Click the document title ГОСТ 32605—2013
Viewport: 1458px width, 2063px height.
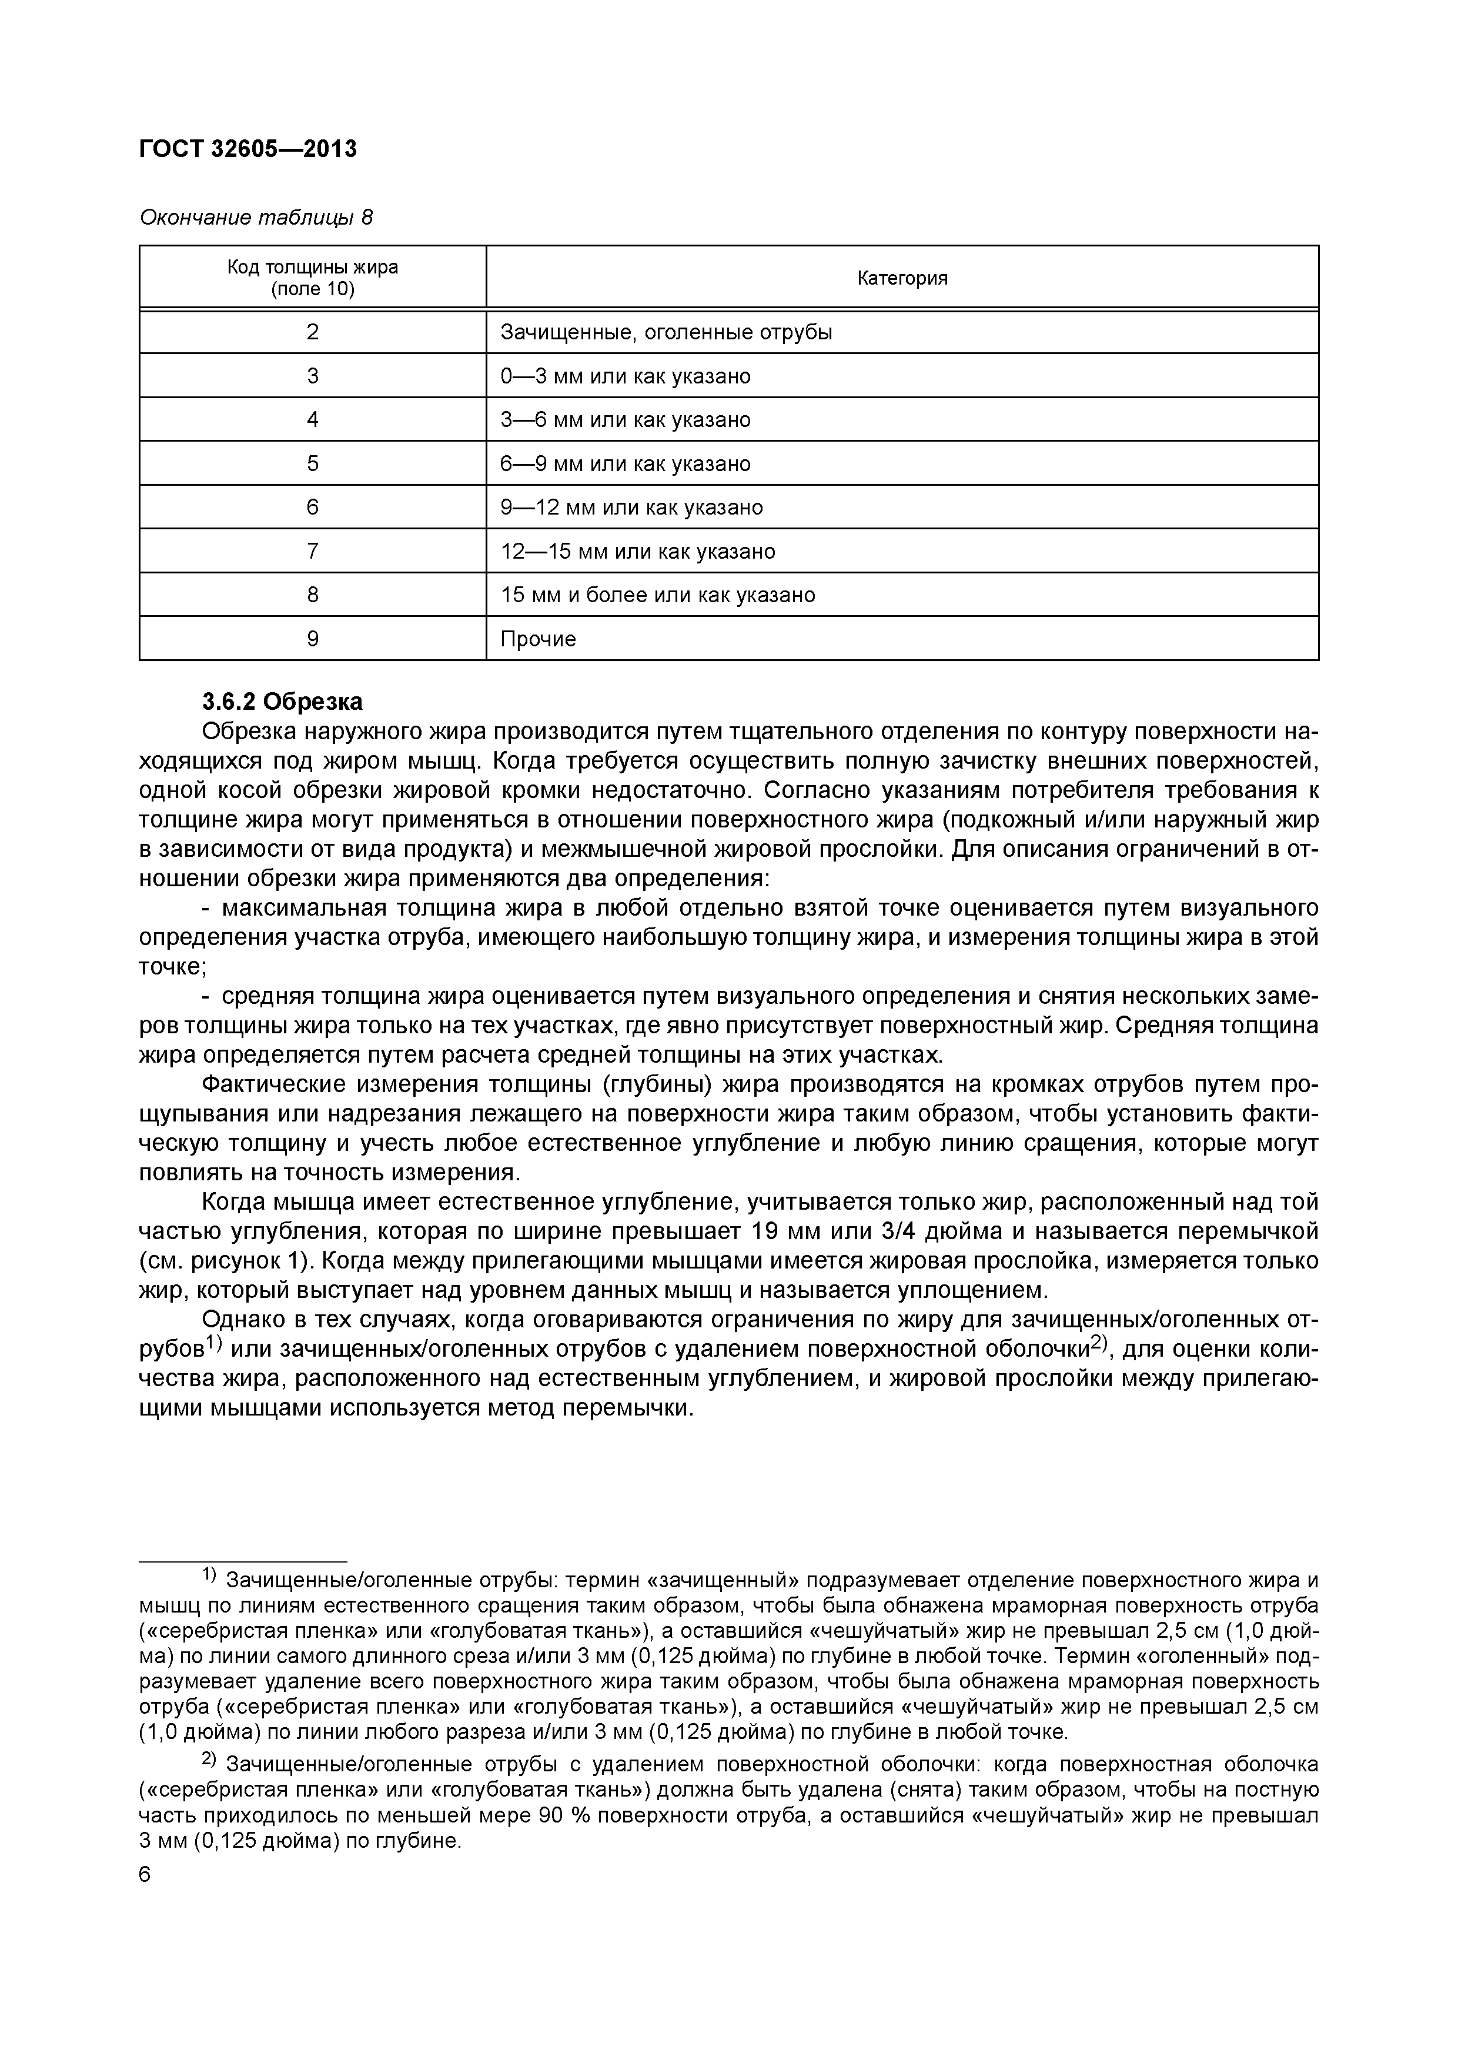[x=248, y=149]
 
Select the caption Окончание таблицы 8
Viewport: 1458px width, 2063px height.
[x=255, y=218]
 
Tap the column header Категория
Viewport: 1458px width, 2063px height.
[x=902, y=278]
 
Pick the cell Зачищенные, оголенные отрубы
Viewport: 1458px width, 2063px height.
[x=666, y=332]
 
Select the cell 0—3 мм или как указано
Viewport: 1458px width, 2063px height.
[x=626, y=376]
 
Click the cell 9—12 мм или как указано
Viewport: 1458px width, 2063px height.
[x=631, y=508]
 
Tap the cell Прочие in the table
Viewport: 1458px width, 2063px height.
[x=538, y=639]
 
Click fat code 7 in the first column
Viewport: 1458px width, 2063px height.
[x=313, y=551]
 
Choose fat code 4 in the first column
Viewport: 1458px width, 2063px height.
[x=313, y=420]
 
